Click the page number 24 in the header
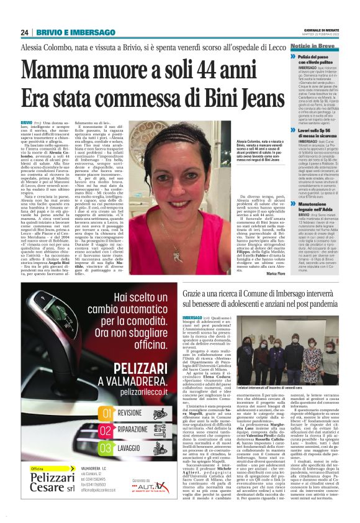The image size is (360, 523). pos(25,32)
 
